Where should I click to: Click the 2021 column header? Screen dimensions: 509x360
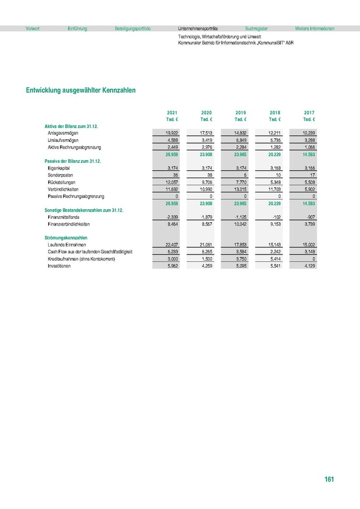[172, 113]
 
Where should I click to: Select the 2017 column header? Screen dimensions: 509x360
[309, 113]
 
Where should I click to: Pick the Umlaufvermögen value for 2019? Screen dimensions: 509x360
[240, 140]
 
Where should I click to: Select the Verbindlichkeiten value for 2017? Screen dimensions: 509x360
[308, 189]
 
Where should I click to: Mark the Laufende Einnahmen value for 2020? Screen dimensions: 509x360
[205, 245]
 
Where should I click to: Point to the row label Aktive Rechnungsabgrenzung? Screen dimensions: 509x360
[74, 147]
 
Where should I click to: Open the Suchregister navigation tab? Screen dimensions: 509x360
[256, 28]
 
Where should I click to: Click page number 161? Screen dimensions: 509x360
[329, 480]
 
